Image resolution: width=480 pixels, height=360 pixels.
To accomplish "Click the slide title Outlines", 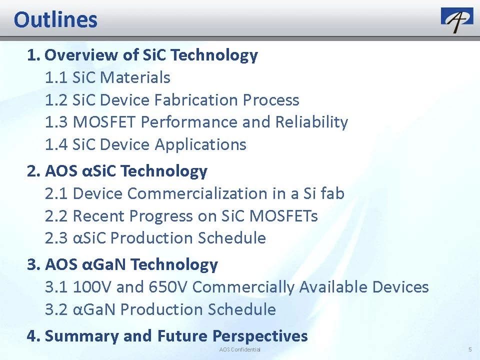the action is (x=55, y=20).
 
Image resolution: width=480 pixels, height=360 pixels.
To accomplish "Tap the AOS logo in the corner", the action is (x=456, y=20).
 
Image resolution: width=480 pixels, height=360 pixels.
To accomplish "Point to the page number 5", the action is (x=470, y=349).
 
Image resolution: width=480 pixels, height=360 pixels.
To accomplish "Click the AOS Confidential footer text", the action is (x=239, y=349).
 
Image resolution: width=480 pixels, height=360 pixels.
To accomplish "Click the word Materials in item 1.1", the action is (x=135, y=77).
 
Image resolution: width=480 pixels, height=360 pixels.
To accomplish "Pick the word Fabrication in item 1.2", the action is (x=196, y=100).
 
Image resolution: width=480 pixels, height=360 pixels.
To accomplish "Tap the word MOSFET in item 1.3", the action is (x=104, y=122).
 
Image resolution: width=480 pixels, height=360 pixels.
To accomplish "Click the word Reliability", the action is (x=311, y=122).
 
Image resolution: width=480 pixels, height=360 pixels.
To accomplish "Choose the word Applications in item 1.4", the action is (x=200, y=145).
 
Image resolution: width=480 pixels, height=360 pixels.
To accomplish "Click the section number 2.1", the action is (x=56, y=194).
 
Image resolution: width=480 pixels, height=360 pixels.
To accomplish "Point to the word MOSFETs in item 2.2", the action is (x=283, y=216).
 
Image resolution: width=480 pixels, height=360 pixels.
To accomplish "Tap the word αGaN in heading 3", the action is (x=104, y=264).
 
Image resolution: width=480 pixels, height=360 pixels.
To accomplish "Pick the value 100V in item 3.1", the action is (x=92, y=287).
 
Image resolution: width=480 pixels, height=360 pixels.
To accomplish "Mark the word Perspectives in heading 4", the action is (x=260, y=336).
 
